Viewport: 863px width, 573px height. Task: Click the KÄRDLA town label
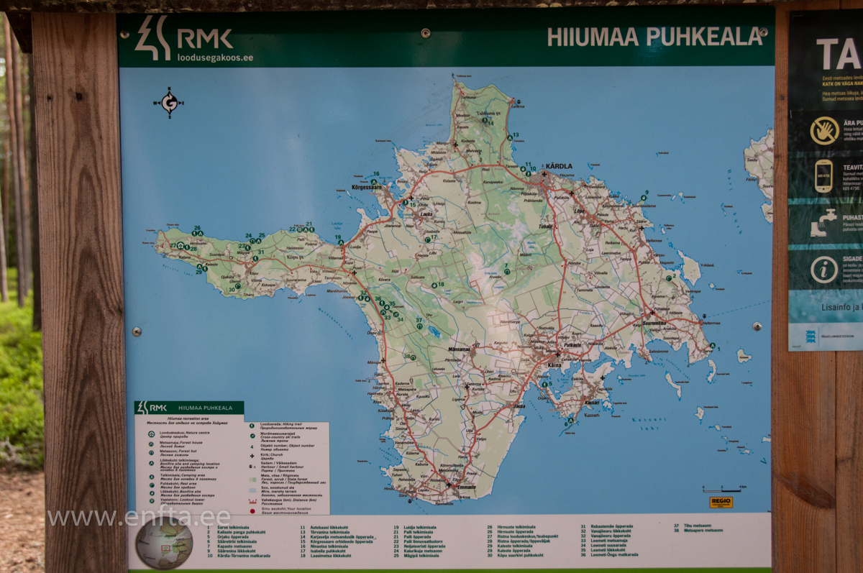558,166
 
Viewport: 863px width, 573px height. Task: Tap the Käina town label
554,365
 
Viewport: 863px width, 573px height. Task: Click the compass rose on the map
169,103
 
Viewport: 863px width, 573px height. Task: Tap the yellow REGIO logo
721,503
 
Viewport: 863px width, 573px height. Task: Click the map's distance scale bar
724,489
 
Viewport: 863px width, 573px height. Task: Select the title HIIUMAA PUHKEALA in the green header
654,37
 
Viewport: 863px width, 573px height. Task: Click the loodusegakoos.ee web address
215,58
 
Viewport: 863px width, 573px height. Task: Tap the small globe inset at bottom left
164,543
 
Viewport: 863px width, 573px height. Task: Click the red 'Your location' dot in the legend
252,511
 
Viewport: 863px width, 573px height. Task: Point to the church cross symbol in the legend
252,456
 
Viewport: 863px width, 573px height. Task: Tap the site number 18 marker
434,285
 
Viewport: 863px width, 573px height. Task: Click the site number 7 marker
506,270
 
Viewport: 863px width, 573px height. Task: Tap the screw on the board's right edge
757,326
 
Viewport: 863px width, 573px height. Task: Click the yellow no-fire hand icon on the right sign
824,131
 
